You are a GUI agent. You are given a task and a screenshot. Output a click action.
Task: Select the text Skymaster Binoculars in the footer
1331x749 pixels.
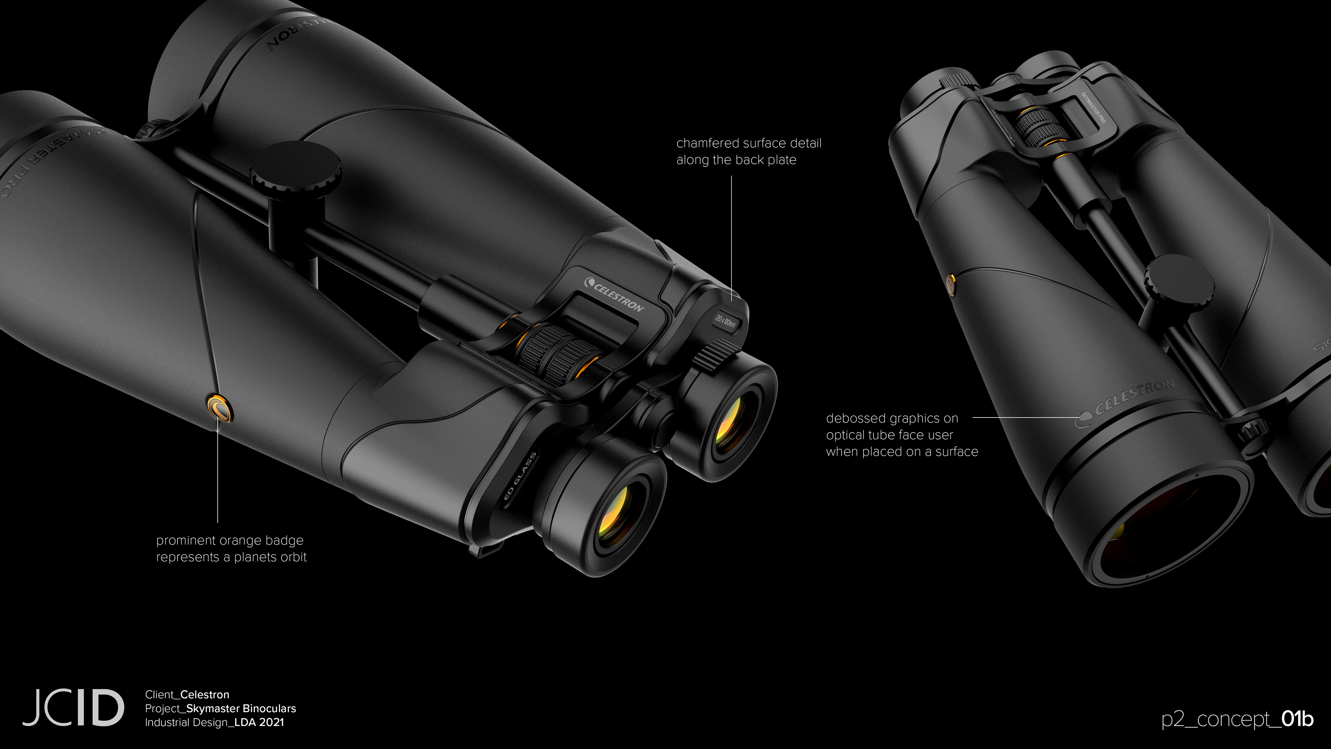pyautogui.click(x=241, y=708)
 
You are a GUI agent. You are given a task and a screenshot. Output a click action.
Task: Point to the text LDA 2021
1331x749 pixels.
pyautogui.click(x=259, y=722)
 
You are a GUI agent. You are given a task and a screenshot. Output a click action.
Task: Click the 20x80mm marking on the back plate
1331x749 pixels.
pyautogui.click(x=725, y=321)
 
